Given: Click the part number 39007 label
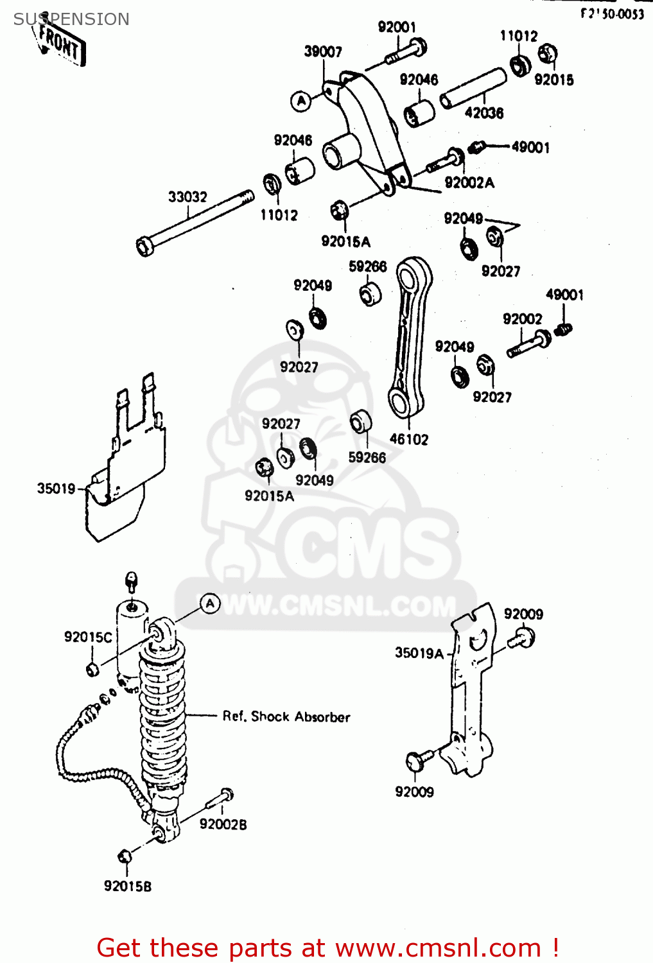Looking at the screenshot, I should pyautogui.click(x=323, y=52).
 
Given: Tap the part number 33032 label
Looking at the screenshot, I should pyautogui.click(x=187, y=197).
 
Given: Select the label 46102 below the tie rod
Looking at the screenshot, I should pyautogui.click(x=409, y=440).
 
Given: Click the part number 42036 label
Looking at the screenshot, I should pyautogui.click(x=484, y=113).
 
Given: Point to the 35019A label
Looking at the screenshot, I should pyautogui.click(x=419, y=653).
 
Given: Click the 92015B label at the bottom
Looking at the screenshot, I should pyautogui.click(x=128, y=887).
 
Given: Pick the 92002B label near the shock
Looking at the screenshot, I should pyautogui.click(x=223, y=824).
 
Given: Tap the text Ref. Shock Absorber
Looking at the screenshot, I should pyautogui.click(x=286, y=716).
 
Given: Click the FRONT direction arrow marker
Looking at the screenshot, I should pyautogui.click(x=60, y=44).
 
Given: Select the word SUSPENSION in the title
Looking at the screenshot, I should pyautogui.click(x=71, y=19).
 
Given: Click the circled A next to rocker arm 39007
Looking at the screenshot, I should pyautogui.click(x=301, y=101).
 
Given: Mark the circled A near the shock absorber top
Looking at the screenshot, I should pyautogui.click(x=210, y=603).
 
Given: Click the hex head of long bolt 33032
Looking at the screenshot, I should pyautogui.click(x=145, y=247).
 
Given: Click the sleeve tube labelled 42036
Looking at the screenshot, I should pyautogui.click(x=473, y=89).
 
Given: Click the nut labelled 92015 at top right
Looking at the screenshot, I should pyautogui.click(x=548, y=54).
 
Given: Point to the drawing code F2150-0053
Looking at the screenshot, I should pyautogui.click(x=612, y=13).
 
